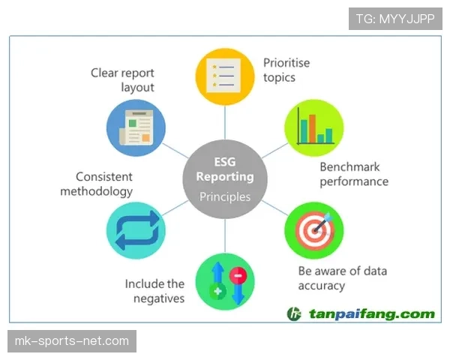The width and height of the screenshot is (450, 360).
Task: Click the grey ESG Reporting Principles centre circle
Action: click(225, 179)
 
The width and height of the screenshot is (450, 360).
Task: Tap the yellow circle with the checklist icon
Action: click(225, 76)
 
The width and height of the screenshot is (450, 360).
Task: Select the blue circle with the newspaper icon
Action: click(136, 127)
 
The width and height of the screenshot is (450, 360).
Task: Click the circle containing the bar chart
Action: click(314, 127)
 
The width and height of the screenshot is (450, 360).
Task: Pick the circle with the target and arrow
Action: click(314, 230)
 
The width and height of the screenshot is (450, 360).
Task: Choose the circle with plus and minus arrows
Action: click(225, 281)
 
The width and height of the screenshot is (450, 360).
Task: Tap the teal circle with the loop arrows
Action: click(136, 230)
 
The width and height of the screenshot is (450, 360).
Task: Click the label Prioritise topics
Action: click(286, 70)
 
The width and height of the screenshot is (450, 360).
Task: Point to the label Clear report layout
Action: click(122, 80)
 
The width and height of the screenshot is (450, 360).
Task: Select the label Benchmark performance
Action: click(354, 174)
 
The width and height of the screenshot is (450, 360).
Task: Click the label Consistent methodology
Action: click(97, 184)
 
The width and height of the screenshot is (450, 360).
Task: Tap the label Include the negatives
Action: click(154, 291)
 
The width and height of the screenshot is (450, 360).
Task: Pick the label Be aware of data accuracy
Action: click(343, 278)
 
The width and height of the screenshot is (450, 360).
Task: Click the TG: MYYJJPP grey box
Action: click(395, 19)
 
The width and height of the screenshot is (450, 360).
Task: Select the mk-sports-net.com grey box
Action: click(72, 341)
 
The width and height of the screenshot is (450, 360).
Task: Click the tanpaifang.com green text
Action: click(372, 313)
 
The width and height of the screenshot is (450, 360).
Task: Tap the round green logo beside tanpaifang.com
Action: click(294, 313)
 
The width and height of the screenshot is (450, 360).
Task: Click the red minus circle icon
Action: click(238, 275)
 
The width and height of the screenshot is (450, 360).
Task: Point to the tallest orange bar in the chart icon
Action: click(312, 128)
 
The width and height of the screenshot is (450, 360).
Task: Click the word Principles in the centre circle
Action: click(225, 197)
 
